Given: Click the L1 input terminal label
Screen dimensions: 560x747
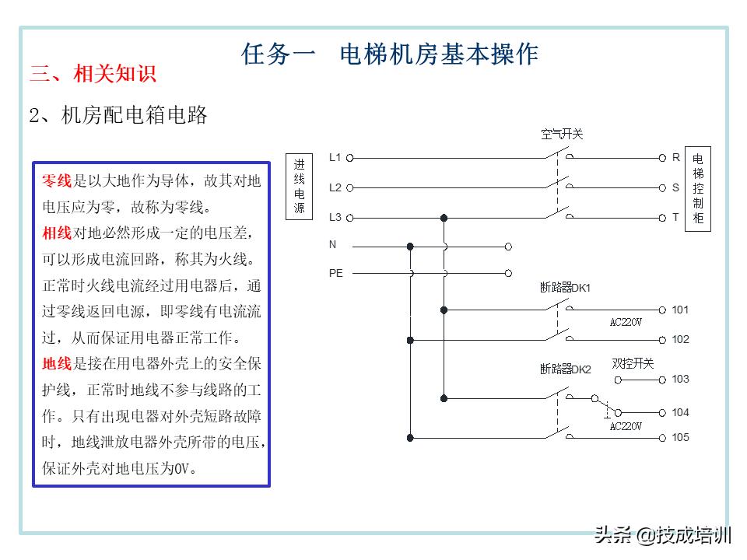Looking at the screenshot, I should tap(335, 157).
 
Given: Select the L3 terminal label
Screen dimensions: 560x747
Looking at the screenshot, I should tap(335, 217).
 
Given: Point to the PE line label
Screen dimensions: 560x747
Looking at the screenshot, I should tap(335, 273).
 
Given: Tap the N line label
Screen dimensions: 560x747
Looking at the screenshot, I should tap(332, 245).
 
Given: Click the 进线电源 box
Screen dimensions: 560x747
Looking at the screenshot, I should tap(300, 187).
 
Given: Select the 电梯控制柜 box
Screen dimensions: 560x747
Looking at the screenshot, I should tap(698, 187).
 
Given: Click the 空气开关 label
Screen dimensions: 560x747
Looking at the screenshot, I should tap(562, 135).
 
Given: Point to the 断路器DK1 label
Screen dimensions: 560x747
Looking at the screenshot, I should tap(565, 288).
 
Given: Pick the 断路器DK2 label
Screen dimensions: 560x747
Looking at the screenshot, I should tap(565, 369).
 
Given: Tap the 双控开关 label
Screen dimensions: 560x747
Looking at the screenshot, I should tap(633, 363).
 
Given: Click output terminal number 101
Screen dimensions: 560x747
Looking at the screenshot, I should tap(680, 310).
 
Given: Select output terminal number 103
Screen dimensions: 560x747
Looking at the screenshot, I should tap(680, 380).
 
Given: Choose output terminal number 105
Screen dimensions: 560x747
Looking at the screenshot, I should tap(680, 438).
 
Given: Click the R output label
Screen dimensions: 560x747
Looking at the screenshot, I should tap(676, 157).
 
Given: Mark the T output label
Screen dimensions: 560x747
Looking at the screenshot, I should tap(675, 217).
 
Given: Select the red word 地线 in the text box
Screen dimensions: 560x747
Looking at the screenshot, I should tap(57, 363).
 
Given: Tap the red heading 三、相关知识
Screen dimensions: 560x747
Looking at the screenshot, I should tap(93, 74).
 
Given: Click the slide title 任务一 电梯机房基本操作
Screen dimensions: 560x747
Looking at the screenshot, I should tap(390, 54).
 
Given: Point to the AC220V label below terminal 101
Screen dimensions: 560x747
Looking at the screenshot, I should tap(626, 322).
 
